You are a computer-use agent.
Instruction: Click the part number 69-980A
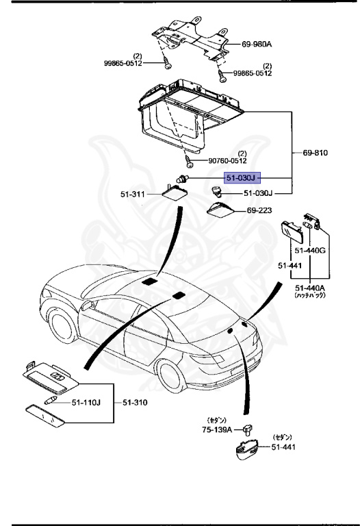pyautogui.click(x=257, y=44)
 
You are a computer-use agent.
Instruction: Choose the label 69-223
pyautogui.click(x=259, y=210)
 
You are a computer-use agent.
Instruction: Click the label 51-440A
pyautogui.click(x=310, y=288)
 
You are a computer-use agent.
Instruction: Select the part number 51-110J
pyautogui.click(x=88, y=402)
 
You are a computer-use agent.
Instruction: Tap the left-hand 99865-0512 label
pyautogui.click(x=123, y=63)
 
